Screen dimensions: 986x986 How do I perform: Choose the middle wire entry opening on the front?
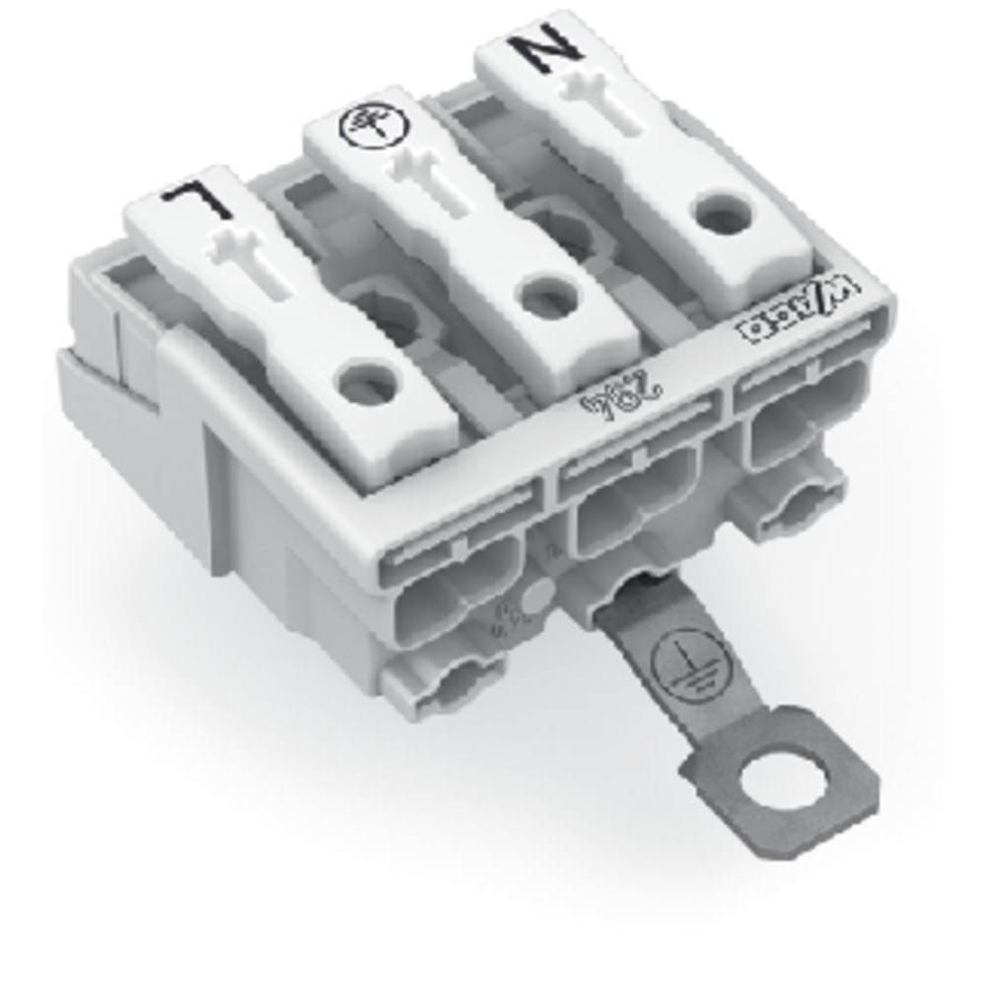(x=636, y=509)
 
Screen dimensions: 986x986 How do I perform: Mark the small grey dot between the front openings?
(x=536, y=598)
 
